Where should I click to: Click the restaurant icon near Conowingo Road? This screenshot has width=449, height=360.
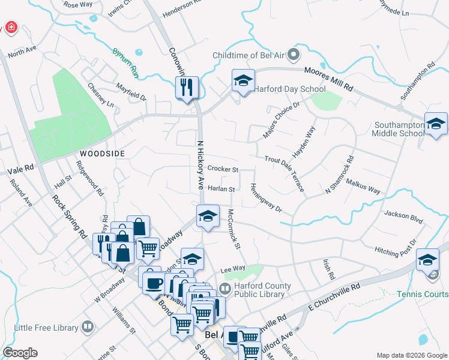click(x=187, y=88)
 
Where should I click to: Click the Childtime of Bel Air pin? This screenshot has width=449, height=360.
click(x=294, y=56)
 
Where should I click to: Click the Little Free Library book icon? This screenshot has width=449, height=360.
click(x=88, y=327)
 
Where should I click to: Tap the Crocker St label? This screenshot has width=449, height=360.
click(x=223, y=170)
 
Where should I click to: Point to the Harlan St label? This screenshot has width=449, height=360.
click(x=220, y=188)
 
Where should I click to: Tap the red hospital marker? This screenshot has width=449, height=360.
click(x=10, y=28)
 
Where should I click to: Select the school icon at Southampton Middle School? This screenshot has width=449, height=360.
click(x=435, y=124)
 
